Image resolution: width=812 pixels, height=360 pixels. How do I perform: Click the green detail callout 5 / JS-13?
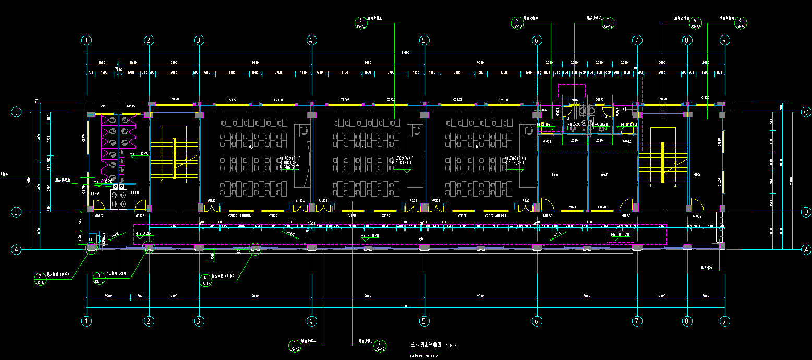[x=360, y=22]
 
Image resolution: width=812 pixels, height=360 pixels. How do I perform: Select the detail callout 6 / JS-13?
[x=517, y=22]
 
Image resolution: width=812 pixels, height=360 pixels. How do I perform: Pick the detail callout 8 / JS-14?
[x=740, y=22]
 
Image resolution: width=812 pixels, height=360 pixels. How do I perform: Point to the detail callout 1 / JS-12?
[x=295, y=345]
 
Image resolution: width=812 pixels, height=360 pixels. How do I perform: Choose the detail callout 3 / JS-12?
[x=99, y=278]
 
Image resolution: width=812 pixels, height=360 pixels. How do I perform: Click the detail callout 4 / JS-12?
[x=205, y=280]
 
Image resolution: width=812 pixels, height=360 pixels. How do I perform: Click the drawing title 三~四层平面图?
[x=426, y=345]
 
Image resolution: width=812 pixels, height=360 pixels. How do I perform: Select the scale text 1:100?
[x=451, y=346]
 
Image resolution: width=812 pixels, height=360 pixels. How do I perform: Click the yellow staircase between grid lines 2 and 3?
[x=175, y=154]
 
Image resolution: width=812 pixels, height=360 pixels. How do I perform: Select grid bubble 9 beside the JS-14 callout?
[x=724, y=40]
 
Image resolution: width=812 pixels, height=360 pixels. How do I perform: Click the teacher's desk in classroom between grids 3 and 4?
[x=302, y=130]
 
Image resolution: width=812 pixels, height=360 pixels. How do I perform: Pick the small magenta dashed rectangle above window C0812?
[x=572, y=90]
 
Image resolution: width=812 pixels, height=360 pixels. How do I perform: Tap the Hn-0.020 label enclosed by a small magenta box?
[x=621, y=235]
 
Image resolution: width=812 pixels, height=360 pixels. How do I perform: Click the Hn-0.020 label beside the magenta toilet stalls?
[x=139, y=154]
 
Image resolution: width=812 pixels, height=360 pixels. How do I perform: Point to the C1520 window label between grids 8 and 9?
[x=706, y=98]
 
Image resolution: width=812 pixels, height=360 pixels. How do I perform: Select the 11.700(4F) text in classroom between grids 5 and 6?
[x=515, y=158]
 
